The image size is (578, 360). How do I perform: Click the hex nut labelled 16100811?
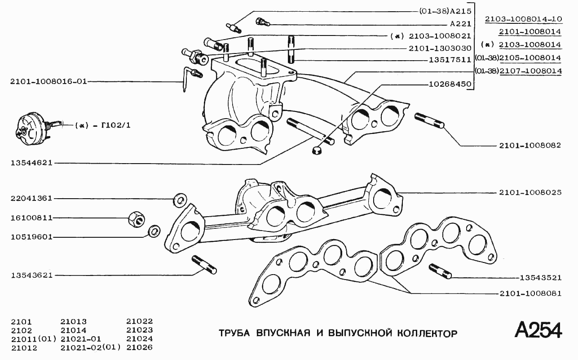point(136,219)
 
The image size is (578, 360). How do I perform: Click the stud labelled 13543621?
point(204,264)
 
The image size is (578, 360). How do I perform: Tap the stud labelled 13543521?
point(440,271)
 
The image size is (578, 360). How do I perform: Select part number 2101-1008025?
point(530,192)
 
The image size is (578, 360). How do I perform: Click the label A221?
point(460,24)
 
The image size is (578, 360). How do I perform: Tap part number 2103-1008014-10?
point(523,19)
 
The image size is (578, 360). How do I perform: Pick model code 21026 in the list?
point(140,347)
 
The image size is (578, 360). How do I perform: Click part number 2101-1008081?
point(530,293)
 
